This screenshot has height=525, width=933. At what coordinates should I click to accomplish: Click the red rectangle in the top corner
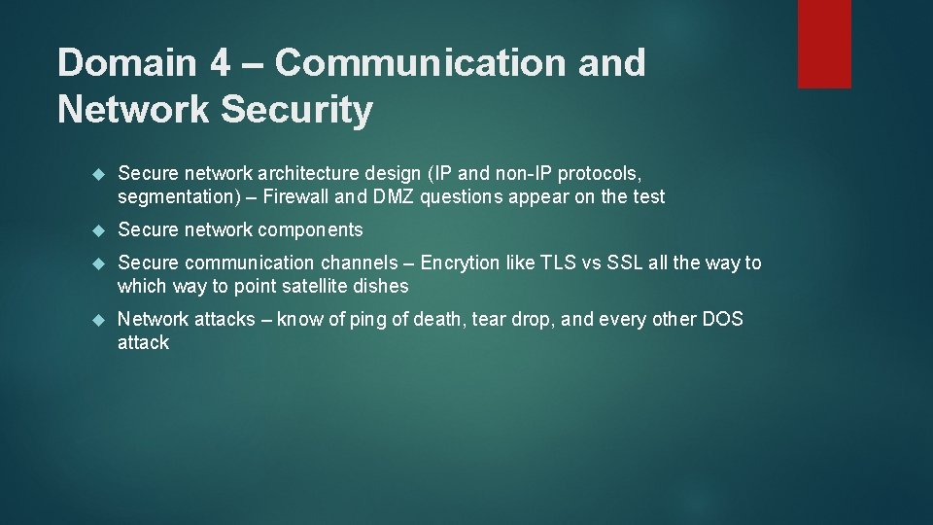[x=824, y=44]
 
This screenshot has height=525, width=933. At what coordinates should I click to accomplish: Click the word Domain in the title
[x=125, y=63]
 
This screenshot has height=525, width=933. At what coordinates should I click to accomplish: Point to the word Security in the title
[x=296, y=110]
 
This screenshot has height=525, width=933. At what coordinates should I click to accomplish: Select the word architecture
[x=310, y=173]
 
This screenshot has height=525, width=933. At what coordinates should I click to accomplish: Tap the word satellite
[x=316, y=286]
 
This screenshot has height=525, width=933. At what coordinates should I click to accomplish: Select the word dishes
[x=382, y=286]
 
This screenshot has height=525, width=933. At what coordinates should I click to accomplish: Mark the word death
[x=439, y=319]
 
